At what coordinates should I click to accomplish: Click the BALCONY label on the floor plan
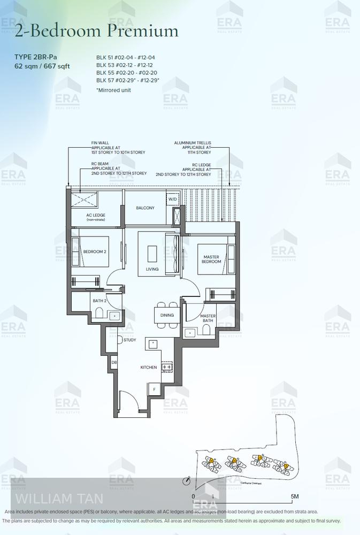click(x=145, y=208)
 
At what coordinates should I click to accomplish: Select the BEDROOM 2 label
click(x=95, y=251)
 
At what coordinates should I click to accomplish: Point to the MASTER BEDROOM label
click(x=211, y=258)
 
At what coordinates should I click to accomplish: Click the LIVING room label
click(x=152, y=269)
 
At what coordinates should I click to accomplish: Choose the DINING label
click(x=167, y=315)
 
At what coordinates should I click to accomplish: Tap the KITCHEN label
click(x=149, y=367)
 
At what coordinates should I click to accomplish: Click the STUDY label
click(x=130, y=340)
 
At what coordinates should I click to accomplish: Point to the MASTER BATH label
click(x=208, y=318)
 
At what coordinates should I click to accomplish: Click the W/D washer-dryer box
click(x=172, y=199)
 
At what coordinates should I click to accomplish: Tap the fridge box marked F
click(x=154, y=389)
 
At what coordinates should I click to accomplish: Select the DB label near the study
click(x=114, y=363)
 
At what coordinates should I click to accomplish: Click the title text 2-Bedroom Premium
click(x=97, y=31)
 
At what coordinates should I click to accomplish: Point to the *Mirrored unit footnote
click(x=113, y=90)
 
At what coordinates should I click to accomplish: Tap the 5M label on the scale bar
click(x=294, y=496)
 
